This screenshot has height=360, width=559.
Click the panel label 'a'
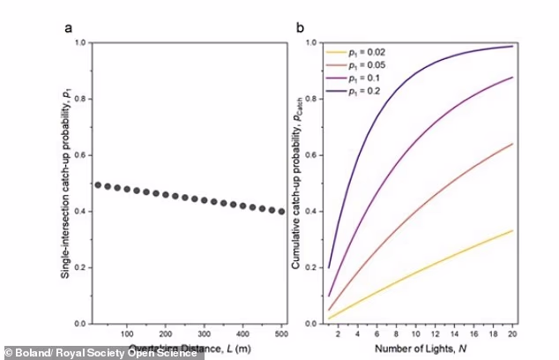[x=67, y=26]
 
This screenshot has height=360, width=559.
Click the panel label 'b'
[x=300, y=26]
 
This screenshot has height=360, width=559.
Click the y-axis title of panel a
[x=66, y=183]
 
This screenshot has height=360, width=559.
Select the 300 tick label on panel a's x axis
[x=204, y=334]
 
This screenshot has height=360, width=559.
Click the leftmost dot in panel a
[x=98, y=185]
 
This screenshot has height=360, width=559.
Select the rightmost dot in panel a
[x=280, y=211]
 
